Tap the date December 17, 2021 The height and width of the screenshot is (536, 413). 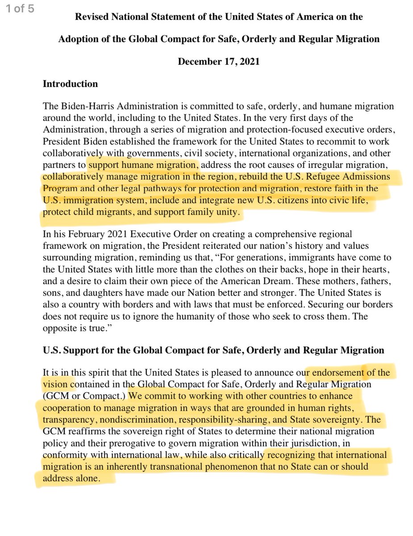(x=218, y=61)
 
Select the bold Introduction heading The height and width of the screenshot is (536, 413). (x=70, y=84)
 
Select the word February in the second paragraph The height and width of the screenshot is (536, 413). (x=82, y=234)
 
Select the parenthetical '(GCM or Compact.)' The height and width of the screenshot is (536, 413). (x=84, y=396)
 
